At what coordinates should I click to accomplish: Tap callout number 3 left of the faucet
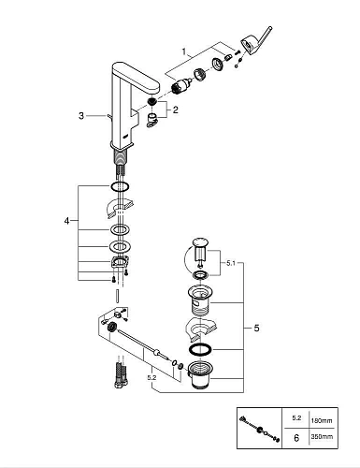(x=81, y=116)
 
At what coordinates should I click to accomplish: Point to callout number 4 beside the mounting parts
(x=65, y=221)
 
